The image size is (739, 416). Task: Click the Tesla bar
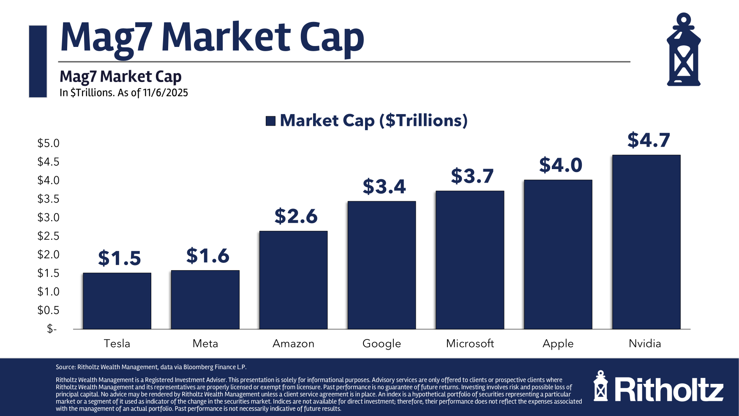pos(117,301)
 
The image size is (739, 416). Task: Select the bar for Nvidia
pos(646,242)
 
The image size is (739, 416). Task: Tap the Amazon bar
pos(293,280)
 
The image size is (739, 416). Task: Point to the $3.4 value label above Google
pos(384,186)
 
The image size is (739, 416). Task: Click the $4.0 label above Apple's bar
pos(560,165)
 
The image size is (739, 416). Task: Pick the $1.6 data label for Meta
pos(207,256)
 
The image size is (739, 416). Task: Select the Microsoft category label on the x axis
pos(470,343)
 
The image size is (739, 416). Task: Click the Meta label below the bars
pos(205,343)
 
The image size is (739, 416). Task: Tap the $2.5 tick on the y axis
pos(48,236)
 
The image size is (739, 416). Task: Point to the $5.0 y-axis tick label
pos(48,143)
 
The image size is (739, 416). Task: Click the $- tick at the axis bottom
pos(52,328)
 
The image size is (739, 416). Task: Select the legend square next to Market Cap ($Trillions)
pos(270,121)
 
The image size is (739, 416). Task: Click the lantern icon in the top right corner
pos(683,50)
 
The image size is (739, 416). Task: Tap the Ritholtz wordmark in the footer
pos(669,390)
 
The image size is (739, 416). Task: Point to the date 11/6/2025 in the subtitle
pos(165,93)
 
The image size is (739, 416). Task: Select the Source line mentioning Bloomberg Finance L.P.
pos(151,367)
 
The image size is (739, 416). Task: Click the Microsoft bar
pos(470,260)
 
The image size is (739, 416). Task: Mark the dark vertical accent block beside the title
pos(38,61)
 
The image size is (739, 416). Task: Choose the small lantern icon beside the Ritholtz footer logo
pos(600,386)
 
